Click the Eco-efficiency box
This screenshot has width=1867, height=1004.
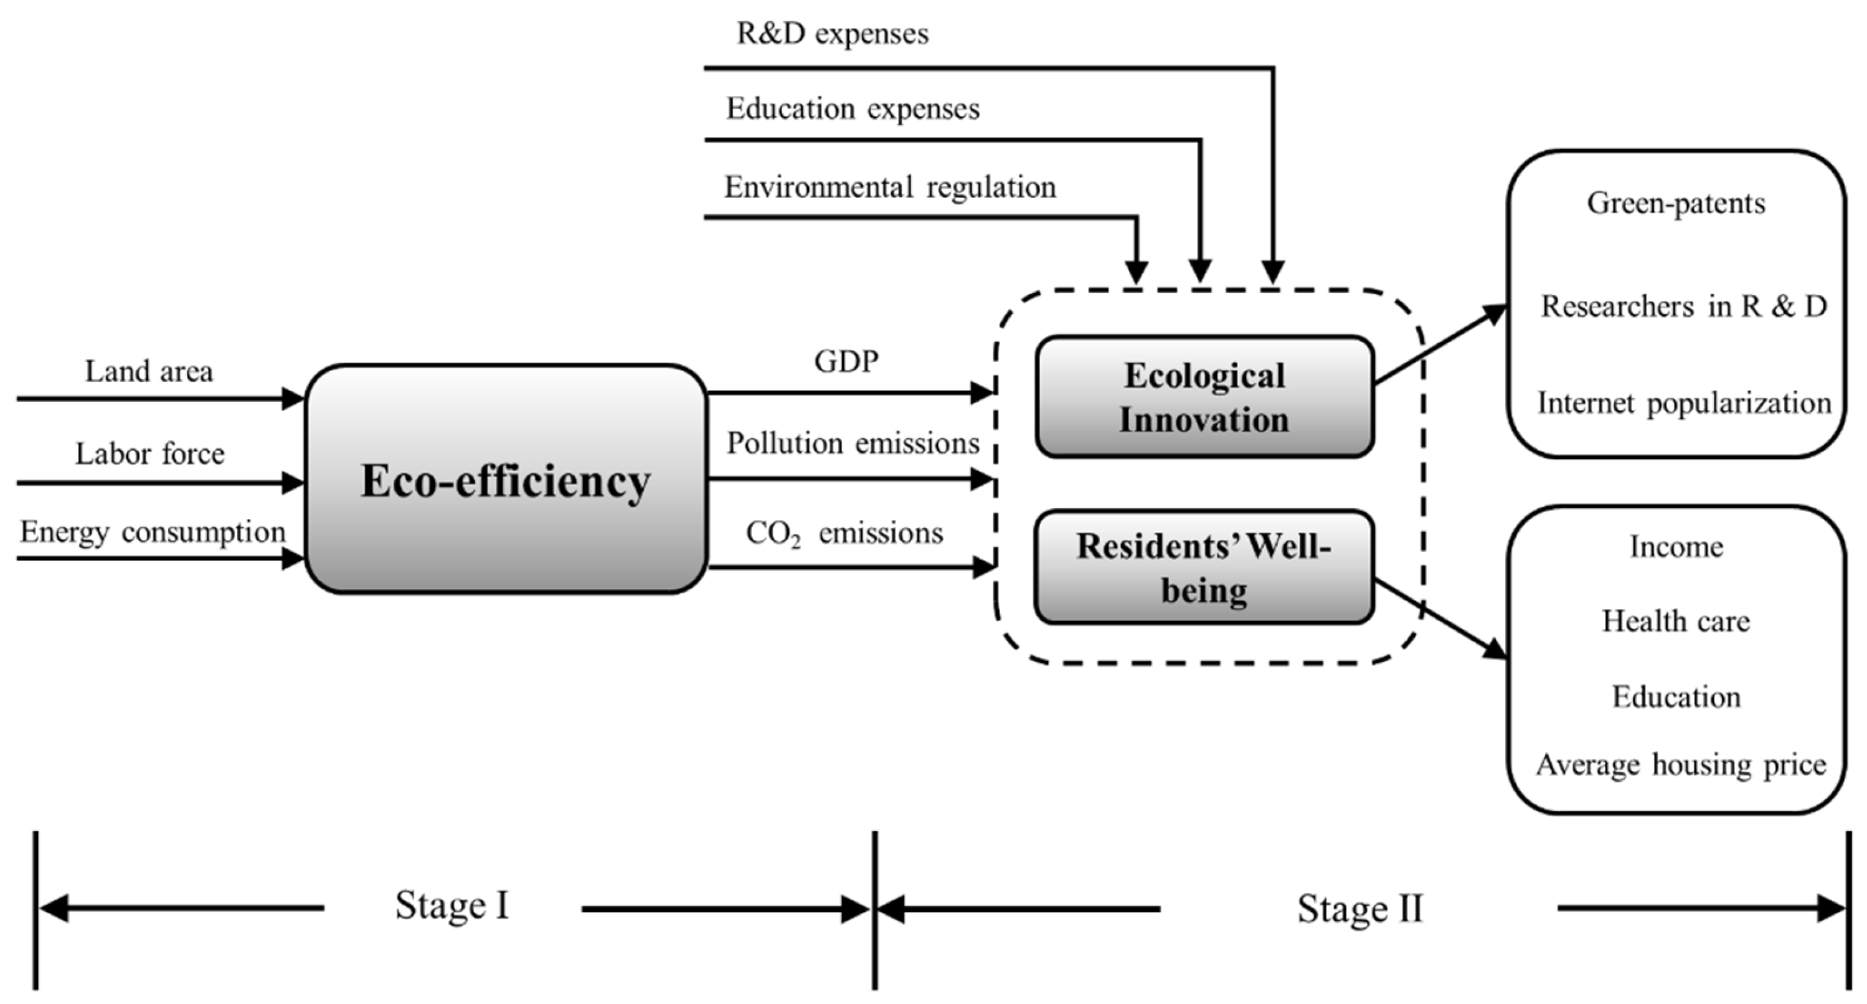point(505,480)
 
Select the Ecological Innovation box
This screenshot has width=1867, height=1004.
point(1204,397)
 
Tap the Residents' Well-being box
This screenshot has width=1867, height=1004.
point(1204,567)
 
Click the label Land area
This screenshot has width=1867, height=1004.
point(149,371)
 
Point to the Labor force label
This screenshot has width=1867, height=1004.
point(150,454)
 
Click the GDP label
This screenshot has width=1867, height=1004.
point(846,361)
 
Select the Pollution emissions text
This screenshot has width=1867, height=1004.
point(853,443)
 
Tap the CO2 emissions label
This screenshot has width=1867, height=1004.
point(844,534)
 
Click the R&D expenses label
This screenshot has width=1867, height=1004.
point(832,34)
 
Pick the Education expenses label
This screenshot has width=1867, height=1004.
point(853,109)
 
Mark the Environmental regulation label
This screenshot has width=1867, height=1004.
point(890,187)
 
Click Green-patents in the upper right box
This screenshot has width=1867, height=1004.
point(1676,203)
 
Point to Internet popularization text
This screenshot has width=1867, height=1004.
point(1684,403)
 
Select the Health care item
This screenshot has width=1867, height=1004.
point(1676,621)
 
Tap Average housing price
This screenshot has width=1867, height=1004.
point(1681,765)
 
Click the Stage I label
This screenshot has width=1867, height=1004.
point(451,906)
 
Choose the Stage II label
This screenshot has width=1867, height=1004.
point(1359,908)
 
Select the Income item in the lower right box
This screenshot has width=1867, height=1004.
point(1676,547)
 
